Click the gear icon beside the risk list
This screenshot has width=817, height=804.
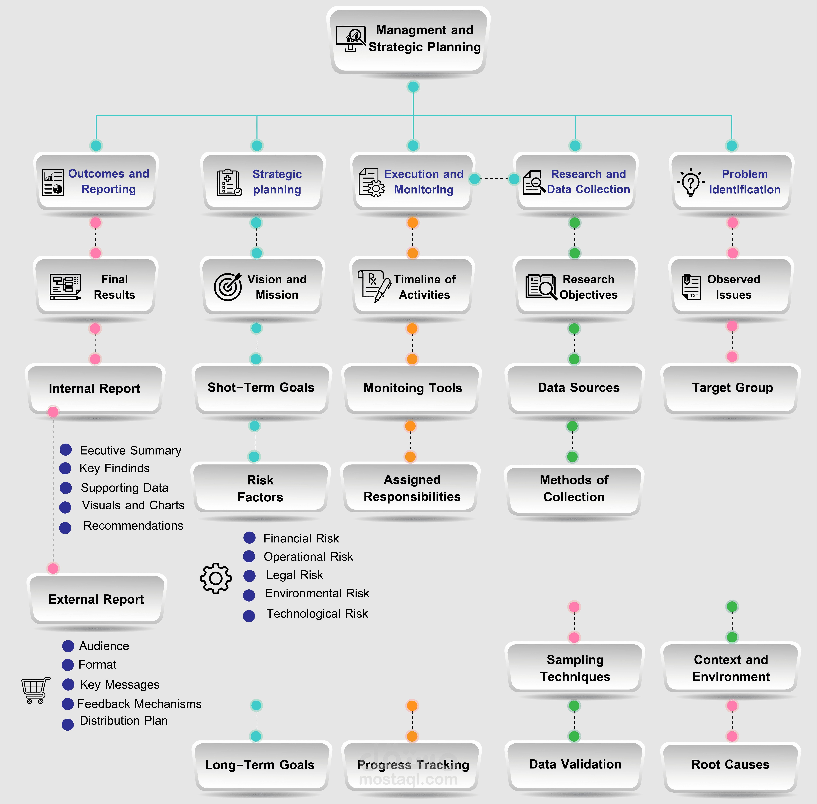pos(216,578)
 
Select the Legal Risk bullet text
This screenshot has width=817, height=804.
pos(295,575)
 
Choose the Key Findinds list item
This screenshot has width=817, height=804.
pos(114,468)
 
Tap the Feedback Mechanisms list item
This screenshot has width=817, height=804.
pos(139,704)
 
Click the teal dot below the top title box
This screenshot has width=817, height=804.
pos(413,87)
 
